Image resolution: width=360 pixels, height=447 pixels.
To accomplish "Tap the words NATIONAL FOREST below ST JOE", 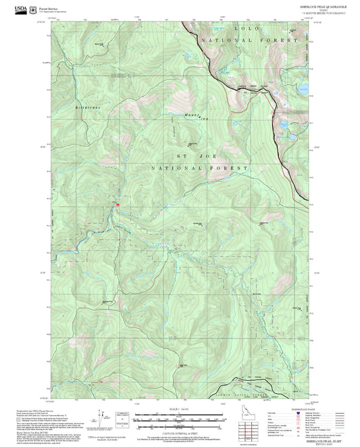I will tap(199, 167).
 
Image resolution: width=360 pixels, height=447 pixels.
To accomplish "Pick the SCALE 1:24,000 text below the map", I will tap(180, 407).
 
